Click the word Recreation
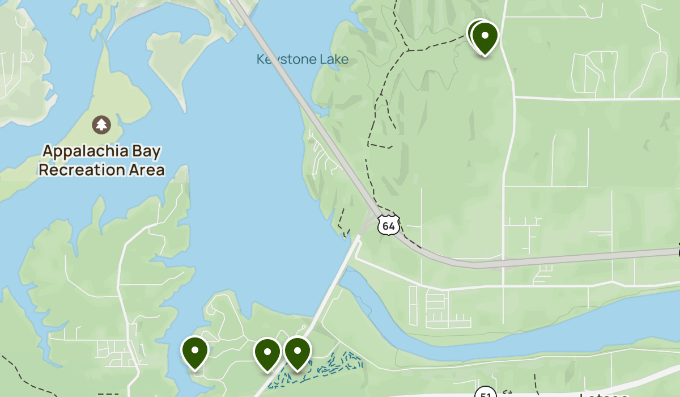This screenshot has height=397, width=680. click(x=80, y=170)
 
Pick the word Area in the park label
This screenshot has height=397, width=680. click(x=145, y=170)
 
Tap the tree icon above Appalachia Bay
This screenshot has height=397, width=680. click(x=101, y=124)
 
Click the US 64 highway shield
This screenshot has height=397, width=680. click(x=389, y=225)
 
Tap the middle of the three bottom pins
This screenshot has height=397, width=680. click(x=267, y=353)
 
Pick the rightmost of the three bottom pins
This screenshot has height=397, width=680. click(x=297, y=352)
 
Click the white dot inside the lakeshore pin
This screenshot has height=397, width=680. click(x=194, y=349)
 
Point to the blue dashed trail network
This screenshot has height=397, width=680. click(x=329, y=366)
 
